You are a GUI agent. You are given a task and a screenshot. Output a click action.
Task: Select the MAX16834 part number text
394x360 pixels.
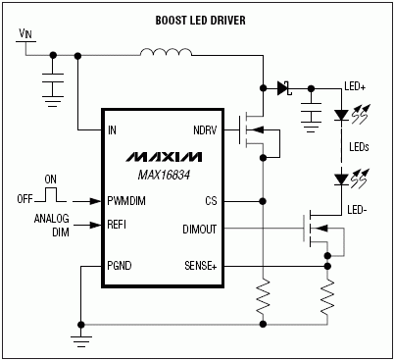pos(163,175)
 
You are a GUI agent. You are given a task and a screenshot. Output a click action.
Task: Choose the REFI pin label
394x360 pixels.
pos(120,225)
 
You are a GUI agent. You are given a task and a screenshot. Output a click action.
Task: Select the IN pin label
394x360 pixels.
pos(114,129)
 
